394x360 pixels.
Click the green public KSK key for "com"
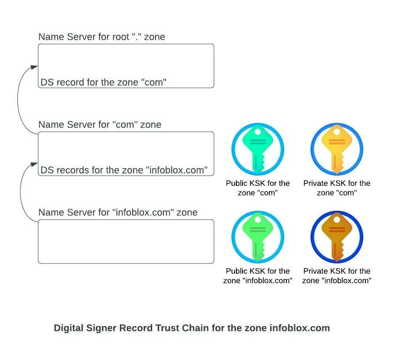[258, 149]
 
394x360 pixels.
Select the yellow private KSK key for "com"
[337, 149]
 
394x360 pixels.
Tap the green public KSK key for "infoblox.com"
[258, 237]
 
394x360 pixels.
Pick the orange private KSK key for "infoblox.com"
[337, 237]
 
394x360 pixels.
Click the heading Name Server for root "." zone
[101, 37]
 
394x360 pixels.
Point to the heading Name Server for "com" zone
[100, 125]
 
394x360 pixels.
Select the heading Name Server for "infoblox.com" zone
[118, 212]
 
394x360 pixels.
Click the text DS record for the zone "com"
[104, 82]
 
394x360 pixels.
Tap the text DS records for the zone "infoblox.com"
[124, 170]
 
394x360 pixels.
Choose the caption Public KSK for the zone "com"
[258, 188]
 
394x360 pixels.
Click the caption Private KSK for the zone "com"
[337, 188]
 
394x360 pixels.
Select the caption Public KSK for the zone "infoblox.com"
[258, 276]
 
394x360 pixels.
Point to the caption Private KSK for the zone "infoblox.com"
[337, 276]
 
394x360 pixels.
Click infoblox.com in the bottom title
[299, 328]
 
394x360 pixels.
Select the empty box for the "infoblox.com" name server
[126, 241]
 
